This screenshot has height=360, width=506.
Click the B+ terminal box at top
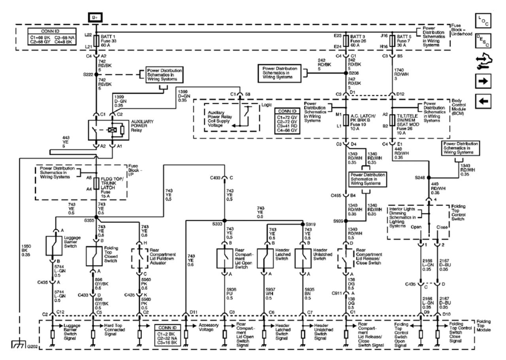click(x=96, y=17)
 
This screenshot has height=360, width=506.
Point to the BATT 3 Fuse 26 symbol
click(x=347, y=41)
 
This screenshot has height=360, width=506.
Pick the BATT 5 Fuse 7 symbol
click(x=392, y=41)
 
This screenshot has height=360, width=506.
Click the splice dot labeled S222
click(x=96, y=74)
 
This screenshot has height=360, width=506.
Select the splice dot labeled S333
click(x=224, y=220)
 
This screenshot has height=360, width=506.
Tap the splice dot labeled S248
click(x=429, y=178)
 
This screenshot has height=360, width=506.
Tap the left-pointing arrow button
click(x=485, y=101)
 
